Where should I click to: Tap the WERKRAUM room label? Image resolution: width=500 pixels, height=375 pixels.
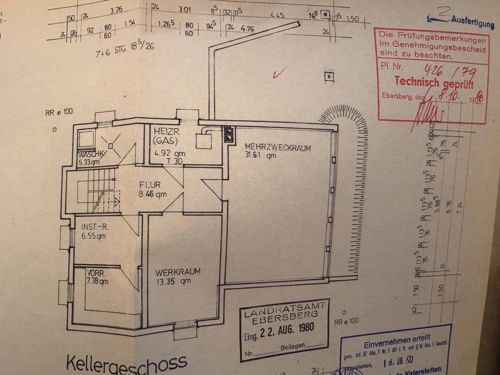(x=177, y=271)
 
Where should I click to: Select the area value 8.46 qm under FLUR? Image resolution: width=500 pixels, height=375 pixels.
(x=153, y=195)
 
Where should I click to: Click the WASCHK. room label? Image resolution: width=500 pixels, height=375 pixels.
(x=92, y=155)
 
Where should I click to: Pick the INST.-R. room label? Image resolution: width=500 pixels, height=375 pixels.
(x=94, y=227)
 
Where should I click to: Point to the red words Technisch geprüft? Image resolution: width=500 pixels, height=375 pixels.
(x=434, y=82)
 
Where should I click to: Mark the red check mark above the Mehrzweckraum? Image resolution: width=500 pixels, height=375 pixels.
(x=278, y=73)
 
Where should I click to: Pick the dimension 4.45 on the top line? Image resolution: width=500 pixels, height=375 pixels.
(x=277, y=15)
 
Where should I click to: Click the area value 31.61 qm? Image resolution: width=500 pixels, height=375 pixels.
(x=262, y=155)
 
